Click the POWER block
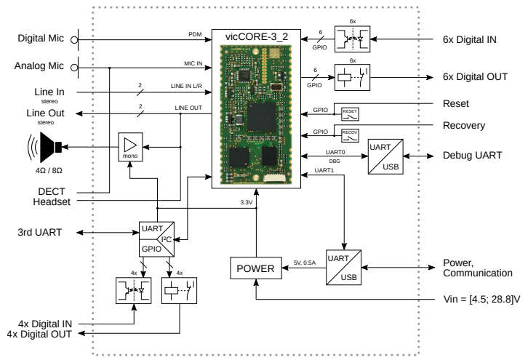point(255,269)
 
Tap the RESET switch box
point(351,113)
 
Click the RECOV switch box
point(351,134)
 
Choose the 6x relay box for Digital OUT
point(351,76)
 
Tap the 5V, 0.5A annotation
point(304,263)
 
